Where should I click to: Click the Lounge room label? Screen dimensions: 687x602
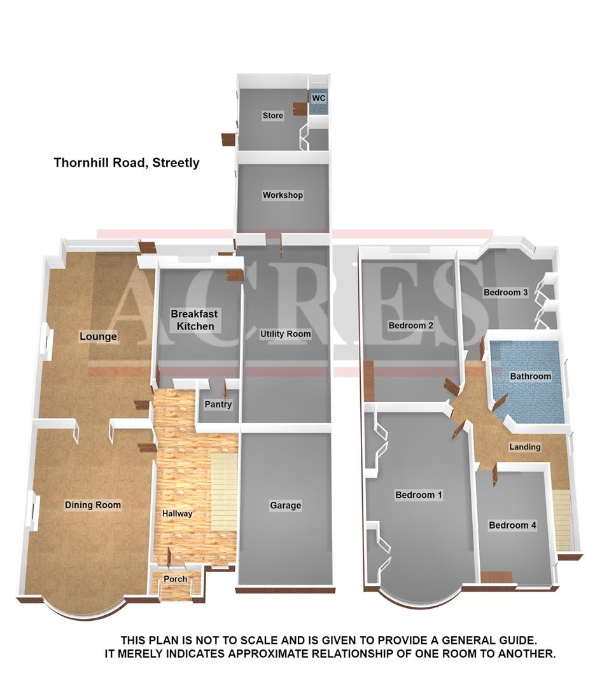pos(98,336)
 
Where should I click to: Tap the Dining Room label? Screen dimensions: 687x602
pos(93,505)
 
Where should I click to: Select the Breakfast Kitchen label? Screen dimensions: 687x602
pos(193,320)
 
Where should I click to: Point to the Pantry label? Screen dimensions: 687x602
pos(218,405)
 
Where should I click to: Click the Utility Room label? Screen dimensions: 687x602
pos(285,334)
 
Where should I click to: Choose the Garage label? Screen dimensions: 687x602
pos(285,506)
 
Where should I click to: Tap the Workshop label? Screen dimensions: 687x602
pos(283,195)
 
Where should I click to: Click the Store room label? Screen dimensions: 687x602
pos(272,116)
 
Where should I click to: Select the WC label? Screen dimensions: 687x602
pos(319,99)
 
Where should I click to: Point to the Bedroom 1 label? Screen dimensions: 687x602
pos(419,495)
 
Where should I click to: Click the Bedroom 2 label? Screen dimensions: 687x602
pos(411,326)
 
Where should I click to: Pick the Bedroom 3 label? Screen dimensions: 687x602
pos(506,293)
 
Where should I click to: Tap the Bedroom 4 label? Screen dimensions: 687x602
pos(512,525)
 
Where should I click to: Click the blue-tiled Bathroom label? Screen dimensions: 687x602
pos(530,377)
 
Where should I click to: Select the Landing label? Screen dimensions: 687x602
pos(524,447)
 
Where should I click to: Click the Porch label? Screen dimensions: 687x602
pos(176,579)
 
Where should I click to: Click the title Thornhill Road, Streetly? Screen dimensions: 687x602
pos(126,163)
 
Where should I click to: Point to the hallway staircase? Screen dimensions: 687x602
pos(223,483)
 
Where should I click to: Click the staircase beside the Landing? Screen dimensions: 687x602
pos(564,518)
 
